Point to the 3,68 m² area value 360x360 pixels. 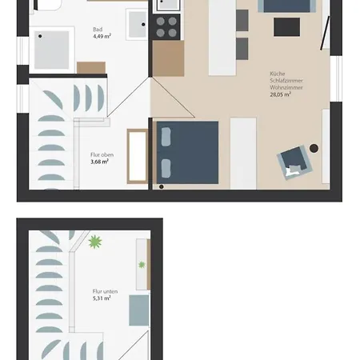pyautogui.click(x=100, y=161)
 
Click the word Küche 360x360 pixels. pyautogui.click(x=277, y=74)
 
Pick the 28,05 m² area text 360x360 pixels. pyautogui.click(x=283, y=94)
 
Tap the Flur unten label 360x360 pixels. pyautogui.click(x=106, y=291)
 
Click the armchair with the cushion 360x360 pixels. pyautogui.click(x=293, y=164)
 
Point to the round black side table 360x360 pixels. pyautogui.click(x=314, y=148)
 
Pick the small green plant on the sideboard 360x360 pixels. pyautogui.click(x=142, y=264)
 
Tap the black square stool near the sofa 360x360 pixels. pyautogui.click(x=286, y=27)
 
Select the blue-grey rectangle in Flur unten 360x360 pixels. pyautogui.click(x=138, y=310)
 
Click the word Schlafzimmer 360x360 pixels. pyautogui.click(x=285, y=81)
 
